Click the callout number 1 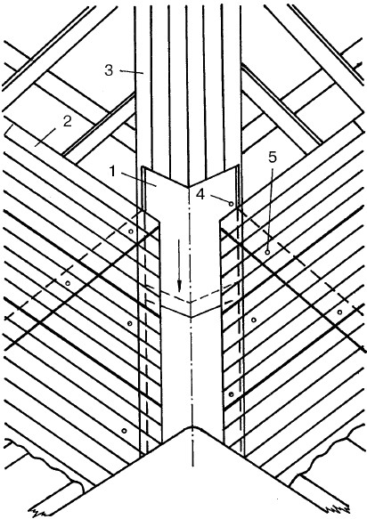113,172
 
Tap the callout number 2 67,121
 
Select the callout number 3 109,70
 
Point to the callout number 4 200,195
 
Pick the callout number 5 273,158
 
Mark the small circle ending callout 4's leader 232,204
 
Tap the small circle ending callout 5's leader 267,253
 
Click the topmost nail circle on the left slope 131,231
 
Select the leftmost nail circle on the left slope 68,283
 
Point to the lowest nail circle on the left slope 124,431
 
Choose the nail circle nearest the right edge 339,312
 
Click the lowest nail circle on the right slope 232,394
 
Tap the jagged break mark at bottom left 37,510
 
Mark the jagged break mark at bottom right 338,509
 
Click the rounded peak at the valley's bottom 192,427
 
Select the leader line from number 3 131,71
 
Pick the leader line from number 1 136,179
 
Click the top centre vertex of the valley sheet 189,187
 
